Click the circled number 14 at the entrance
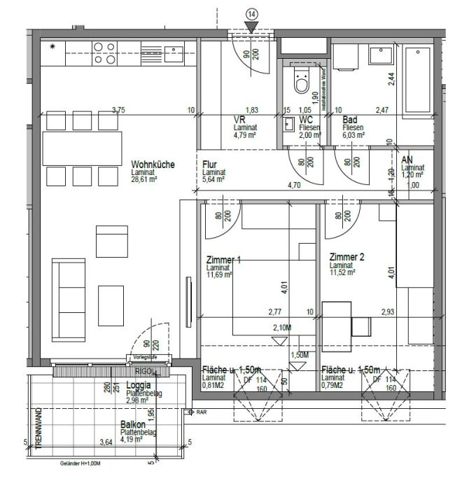point(252,13)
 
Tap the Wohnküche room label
point(152,165)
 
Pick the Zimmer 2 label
point(346,258)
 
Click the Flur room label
point(209,165)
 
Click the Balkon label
point(132,425)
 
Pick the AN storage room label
point(407,160)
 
